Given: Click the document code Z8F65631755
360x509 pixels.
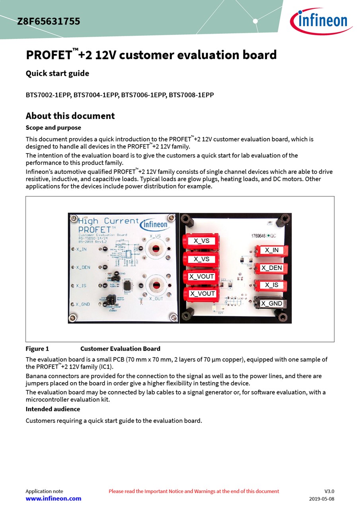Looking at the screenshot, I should tap(49, 21).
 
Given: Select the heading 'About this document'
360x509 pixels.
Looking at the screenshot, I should tap(70, 116).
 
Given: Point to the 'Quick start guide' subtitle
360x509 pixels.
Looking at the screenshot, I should tap(57, 74).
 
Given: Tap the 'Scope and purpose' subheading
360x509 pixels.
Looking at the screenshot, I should tap(53, 128).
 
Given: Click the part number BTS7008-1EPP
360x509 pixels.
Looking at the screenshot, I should tap(191, 95).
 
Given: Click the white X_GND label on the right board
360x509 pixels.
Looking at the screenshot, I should tap(272, 303).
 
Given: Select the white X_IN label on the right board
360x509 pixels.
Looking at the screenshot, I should tap(272, 251).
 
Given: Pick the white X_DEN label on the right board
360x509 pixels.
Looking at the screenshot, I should tap(271, 268).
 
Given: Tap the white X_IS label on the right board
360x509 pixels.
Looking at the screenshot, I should tap(272, 285).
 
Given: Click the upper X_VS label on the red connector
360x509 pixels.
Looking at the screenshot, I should tap(202, 241).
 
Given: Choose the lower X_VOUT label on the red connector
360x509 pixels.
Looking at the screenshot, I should tap(202, 294).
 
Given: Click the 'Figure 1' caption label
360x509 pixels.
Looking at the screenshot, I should tap(37, 349).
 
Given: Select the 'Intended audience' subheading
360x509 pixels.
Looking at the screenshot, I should tap(53, 409).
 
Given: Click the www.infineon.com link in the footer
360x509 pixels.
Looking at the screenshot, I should tap(53, 499).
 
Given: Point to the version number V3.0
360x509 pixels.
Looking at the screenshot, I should tap(329, 492).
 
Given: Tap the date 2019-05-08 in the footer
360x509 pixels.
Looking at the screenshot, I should tap(322, 499).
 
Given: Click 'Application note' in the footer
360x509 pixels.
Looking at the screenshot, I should tap(44, 492).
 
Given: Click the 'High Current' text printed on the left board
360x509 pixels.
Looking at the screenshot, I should tap(108, 221).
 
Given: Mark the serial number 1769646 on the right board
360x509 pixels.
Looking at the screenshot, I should tap(259, 236).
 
